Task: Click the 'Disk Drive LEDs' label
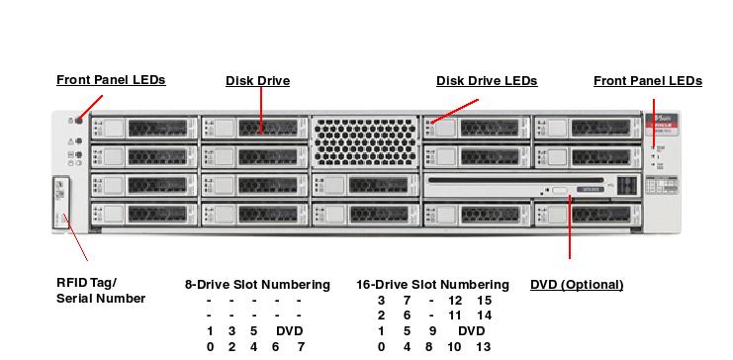(x=487, y=81)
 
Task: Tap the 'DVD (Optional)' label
(x=577, y=285)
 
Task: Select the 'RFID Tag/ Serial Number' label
(x=101, y=291)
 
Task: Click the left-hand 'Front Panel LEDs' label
(x=111, y=80)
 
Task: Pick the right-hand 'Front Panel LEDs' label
(x=648, y=81)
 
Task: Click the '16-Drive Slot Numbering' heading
(x=432, y=285)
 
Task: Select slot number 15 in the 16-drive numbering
(x=483, y=300)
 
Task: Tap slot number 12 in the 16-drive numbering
(x=455, y=300)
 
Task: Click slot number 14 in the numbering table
(x=483, y=315)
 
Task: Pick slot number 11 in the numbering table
(x=455, y=315)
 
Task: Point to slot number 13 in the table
(x=483, y=347)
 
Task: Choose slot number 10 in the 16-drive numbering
(x=455, y=347)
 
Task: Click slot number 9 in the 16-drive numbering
(x=430, y=331)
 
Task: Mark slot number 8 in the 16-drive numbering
(x=430, y=347)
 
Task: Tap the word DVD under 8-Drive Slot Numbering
(x=289, y=331)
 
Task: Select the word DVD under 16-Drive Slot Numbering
(x=472, y=331)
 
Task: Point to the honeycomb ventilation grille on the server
(x=365, y=142)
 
